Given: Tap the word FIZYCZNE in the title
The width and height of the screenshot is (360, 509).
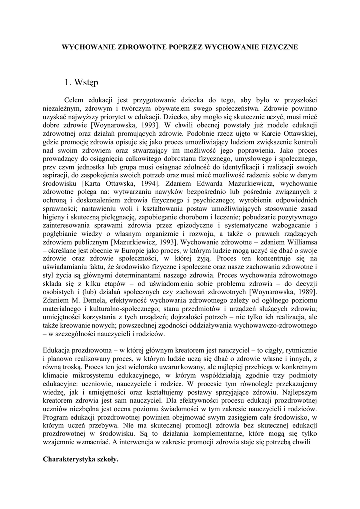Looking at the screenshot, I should (x=277, y=47).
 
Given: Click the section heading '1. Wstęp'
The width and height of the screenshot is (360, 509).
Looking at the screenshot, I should (x=82, y=81).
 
